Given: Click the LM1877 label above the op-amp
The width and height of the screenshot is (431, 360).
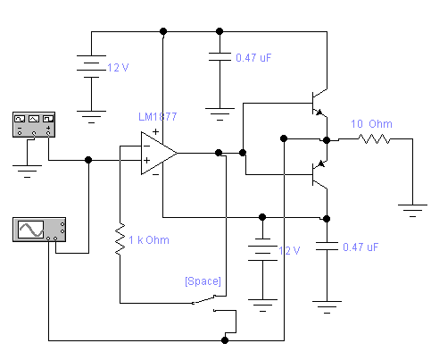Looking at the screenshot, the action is point(158,116).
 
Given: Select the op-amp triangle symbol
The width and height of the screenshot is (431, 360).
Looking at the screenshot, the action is point(159,153).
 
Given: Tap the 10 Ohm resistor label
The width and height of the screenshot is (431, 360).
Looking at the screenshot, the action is point(371,124).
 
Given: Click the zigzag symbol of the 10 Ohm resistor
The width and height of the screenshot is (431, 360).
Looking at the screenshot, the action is point(375,139).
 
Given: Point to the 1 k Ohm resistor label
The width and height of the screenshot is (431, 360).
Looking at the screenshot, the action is point(149,240).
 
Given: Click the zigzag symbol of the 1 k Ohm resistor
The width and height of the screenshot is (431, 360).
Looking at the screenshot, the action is point(120,239).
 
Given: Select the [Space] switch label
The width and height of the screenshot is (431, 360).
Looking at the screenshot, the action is point(203,281).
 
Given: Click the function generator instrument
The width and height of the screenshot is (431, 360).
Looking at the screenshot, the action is point(34,124).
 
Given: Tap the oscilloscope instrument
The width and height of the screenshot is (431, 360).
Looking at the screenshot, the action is point(39,230).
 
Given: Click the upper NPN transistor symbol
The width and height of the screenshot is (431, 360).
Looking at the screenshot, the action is point(319,104).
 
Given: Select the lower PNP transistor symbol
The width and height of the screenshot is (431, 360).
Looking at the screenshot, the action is point(319,174).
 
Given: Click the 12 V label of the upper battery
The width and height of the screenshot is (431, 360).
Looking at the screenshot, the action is point(118,68).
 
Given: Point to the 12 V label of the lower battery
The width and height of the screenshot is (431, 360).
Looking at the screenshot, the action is point(289,251).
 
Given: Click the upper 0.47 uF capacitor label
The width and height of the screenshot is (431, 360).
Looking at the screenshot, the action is point(253,58).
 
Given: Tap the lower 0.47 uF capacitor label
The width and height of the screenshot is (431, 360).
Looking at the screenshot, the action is point(361,247).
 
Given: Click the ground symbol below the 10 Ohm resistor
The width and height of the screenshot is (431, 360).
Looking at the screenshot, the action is point(412,211).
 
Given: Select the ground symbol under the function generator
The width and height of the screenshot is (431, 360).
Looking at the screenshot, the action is point(27,172).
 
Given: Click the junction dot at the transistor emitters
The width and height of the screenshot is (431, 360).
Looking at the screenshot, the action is point(327,140).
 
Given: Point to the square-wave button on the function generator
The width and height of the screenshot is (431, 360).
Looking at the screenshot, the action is point(48,119).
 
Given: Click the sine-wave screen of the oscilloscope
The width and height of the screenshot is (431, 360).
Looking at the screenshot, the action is point(31,230).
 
